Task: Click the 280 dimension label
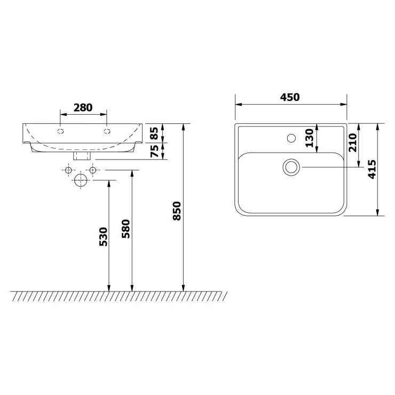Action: pyautogui.click(x=83, y=108)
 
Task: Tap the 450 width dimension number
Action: pyautogui.click(x=290, y=97)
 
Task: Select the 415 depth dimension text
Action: pyautogui.click(x=372, y=169)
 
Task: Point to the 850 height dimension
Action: pyautogui.click(x=177, y=211)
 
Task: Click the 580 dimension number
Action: pyautogui.click(x=125, y=229)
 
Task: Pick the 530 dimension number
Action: pyautogui.click(x=103, y=237)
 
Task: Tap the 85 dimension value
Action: pyautogui.click(x=154, y=133)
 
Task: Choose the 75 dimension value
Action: pyautogui.click(x=154, y=151)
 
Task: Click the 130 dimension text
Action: pyautogui.click(x=310, y=138)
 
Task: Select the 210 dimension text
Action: pyautogui.click(x=353, y=143)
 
